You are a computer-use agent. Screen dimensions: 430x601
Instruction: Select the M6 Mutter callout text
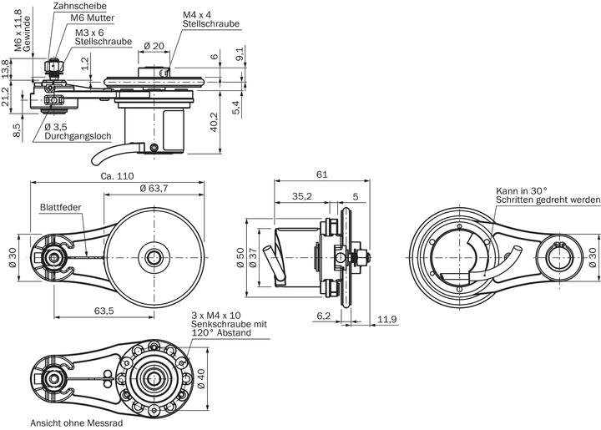click(93, 18)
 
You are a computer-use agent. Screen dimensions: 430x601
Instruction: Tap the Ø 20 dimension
click(152, 47)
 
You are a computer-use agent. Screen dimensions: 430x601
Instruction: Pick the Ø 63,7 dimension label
click(154, 189)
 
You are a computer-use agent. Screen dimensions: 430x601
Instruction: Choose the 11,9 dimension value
click(386, 319)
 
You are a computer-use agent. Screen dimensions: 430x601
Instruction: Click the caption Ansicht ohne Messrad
click(76, 423)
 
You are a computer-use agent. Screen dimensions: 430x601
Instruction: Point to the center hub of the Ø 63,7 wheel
click(153, 256)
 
